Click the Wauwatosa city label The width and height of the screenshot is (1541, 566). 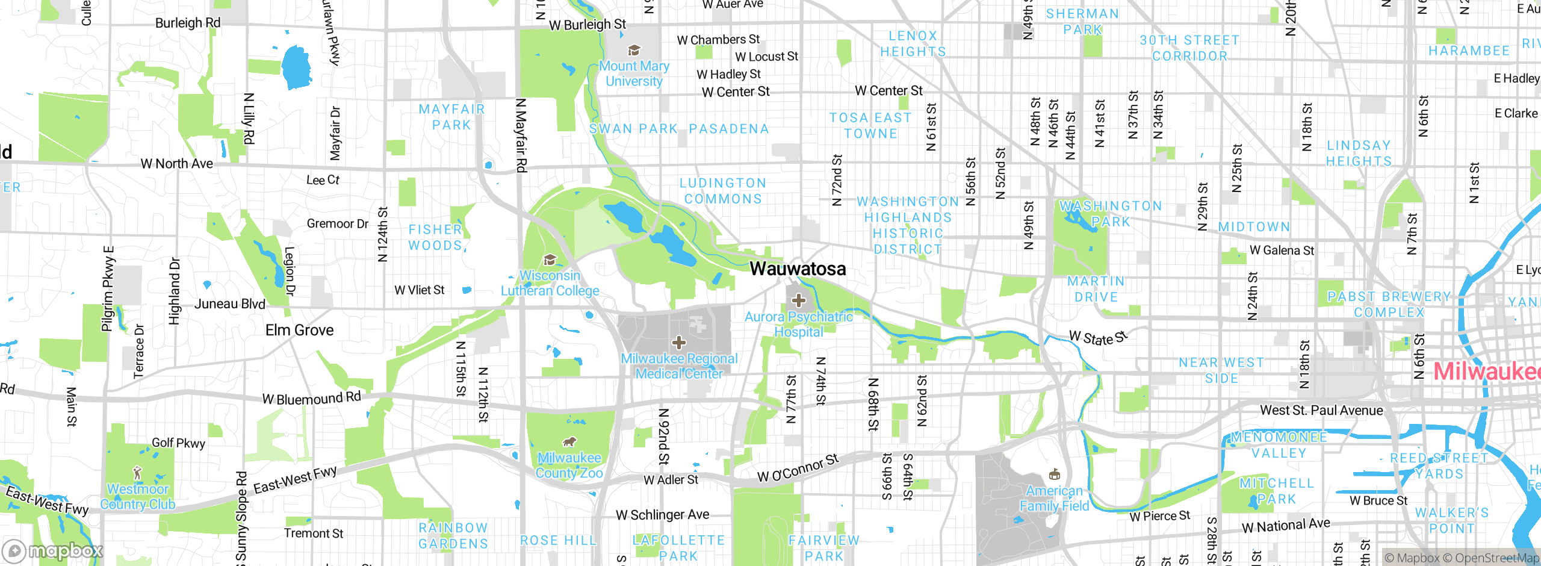[x=798, y=269]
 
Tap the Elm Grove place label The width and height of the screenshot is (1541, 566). [x=299, y=330]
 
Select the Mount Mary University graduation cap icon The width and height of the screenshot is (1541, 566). [x=633, y=50]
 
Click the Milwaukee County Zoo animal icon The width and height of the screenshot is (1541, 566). [x=569, y=443]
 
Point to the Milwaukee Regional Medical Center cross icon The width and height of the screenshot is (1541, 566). [x=679, y=343]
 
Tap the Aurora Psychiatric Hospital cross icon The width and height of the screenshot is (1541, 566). [x=798, y=300]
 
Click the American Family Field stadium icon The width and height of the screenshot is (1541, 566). [x=1054, y=474]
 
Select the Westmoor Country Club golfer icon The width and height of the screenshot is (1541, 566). [x=137, y=472]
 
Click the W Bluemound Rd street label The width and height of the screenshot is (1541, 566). [x=311, y=398]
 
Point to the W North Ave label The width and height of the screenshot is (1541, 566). [x=176, y=164]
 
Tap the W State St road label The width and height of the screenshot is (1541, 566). [x=1098, y=338]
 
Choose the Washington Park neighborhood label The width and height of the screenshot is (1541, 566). [x=1111, y=214]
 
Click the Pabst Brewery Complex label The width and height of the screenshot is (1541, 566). [x=1389, y=305]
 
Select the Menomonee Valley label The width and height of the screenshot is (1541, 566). [x=1279, y=445]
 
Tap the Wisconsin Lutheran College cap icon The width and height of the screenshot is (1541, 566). [x=549, y=260]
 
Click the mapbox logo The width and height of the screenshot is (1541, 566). [x=53, y=551]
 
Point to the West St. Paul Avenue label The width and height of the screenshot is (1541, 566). [x=1321, y=411]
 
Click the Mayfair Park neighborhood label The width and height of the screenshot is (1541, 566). [x=451, y=117]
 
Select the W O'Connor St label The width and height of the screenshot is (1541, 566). [x=798, y=468]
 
